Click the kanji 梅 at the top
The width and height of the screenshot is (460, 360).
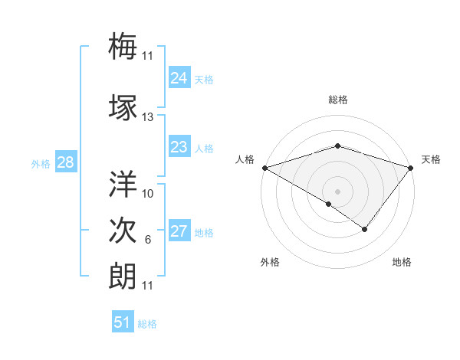pos(123,45)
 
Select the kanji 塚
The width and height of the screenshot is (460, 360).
pos(123,107)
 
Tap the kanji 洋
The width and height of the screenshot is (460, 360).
pos(123,184)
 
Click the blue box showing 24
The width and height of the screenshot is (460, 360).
pos(179,78)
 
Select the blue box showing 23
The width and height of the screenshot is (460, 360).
pos(179,147)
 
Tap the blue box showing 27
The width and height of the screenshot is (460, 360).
pos(179,232)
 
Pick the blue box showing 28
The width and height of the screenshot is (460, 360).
pos(65,162)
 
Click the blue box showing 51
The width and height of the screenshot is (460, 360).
pos(122,322)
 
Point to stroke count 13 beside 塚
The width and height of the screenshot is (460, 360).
pos(148,117)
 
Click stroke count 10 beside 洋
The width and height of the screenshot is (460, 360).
pos(148,194)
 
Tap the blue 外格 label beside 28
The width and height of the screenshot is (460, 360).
pos(41,163)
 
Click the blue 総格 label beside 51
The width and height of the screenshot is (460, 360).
pos(147,324)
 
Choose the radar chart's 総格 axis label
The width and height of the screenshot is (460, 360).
pos(337,100)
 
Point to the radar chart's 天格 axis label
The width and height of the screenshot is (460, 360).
pos(431,159)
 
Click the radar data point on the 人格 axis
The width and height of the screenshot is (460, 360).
pos(264,168)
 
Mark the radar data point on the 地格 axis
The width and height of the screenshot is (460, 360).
pos(365,229)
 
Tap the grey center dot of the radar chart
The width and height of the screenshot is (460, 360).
pos(337,191)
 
